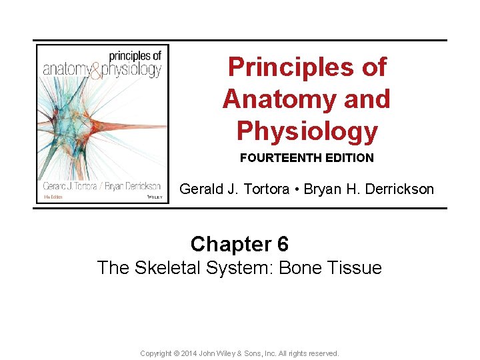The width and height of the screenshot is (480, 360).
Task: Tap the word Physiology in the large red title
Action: (x=307, y=131)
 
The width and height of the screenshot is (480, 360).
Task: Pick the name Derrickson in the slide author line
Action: (x=397, y=189)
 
